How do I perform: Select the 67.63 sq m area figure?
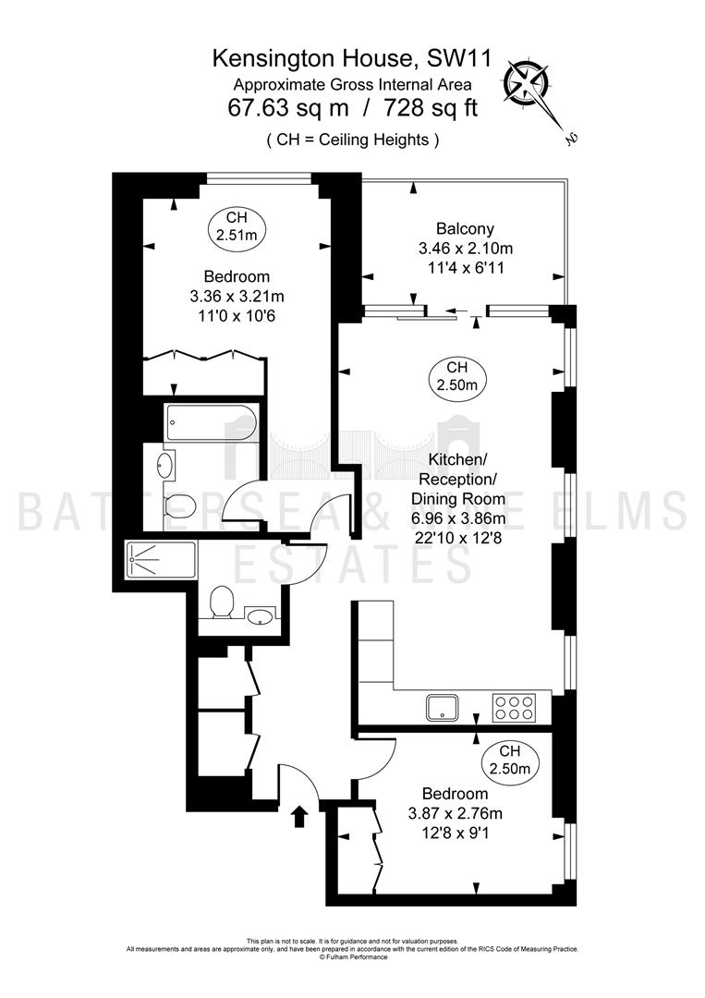click(x=288, y=107)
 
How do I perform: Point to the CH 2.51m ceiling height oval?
click(x=236, y=226)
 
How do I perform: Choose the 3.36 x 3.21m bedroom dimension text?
click(x=237, y=296)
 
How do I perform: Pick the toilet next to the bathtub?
click(x=179, y=505)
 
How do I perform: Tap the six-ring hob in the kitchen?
click(x=514, y=708)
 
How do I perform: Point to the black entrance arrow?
click(x=299, y=816)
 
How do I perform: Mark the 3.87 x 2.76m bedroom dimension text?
click(x=455, y=814)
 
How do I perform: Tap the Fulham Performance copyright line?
click(x=352, y=957)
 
